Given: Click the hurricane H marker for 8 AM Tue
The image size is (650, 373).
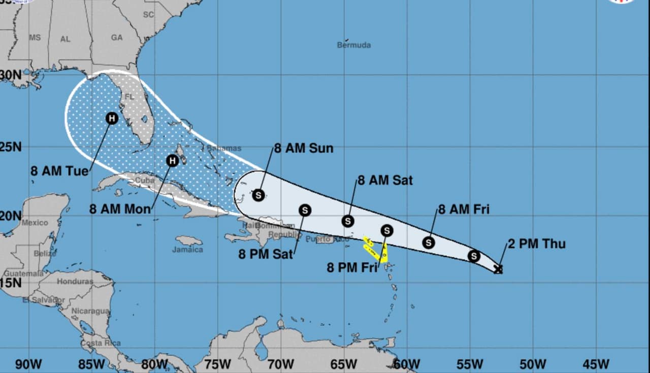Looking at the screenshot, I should (x=112, y=118).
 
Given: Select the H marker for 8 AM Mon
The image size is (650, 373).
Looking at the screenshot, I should (x=173, y=161).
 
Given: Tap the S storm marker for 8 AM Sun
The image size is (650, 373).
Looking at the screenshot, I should (x=258, y=195).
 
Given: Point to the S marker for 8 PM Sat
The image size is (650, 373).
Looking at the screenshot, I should (x=305, y=210).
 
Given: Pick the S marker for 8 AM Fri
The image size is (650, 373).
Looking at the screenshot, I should (x=429, y=243).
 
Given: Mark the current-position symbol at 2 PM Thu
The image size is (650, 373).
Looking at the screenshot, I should (x=498, y=269).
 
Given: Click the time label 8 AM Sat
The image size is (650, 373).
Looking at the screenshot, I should (x=385, y=180).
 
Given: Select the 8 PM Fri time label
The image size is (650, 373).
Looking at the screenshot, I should (x=352, y=267).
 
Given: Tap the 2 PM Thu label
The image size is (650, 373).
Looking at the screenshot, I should (x=536, y=244).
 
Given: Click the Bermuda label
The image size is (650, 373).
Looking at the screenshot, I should (x=354, y=45).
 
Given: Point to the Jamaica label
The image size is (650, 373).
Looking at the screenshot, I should (x=187, y=249).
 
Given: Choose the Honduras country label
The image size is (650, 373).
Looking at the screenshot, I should (x=75, y=281).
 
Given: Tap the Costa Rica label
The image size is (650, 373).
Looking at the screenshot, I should (x=101, y=343).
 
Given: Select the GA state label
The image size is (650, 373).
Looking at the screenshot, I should (x=117, y=38).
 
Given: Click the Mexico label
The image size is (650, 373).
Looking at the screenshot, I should (x=35, y=222).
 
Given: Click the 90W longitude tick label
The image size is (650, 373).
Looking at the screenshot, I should (x=28, y=364).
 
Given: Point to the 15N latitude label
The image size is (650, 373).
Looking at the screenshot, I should (x=10, y=283).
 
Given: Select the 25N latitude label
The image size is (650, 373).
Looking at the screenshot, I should (x=11, y=147).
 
